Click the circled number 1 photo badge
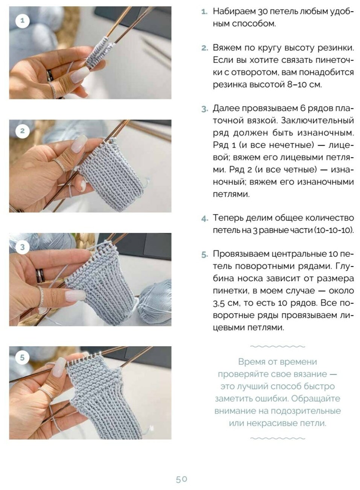(x=22, y=21)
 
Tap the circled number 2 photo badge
(x=22, y=131)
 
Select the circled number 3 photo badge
(x=22, y=247)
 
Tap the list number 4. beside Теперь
(x=205, y=219)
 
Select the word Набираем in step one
(x=234, y=12)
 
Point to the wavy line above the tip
(x=278, y=346)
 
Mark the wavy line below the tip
(x=278, y=438)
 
